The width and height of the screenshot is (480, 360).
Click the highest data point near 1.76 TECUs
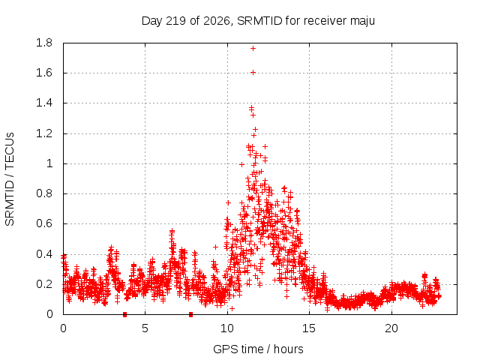tap(253, 48)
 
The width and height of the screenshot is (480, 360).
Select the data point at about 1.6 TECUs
tap(253, 73)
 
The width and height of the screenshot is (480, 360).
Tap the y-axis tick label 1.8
tap(44, 43)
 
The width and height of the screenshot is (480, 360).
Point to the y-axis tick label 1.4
tap(44, 103)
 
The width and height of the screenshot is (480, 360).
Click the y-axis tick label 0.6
tap(44, 223)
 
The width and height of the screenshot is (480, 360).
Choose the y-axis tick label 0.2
tap(44, 284)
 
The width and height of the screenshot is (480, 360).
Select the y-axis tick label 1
tap(49, 163)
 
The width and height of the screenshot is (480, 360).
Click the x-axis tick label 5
tap(145, 328)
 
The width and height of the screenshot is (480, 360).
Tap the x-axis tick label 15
tap(309, 328)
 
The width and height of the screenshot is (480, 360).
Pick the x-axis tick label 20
tap(391, 328)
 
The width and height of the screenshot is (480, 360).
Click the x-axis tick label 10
tap(227, 328)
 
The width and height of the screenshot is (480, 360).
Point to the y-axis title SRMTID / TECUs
tap(10, 179)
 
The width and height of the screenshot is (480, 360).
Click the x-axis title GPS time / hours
tap(258, 349)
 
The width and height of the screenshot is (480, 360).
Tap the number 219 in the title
tap(175, 21)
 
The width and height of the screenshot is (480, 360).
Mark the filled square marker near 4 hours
tap(124, 314)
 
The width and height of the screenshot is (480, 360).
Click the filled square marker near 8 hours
tap(190, 314)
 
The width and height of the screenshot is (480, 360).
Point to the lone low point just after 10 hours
tap(232, 308)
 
